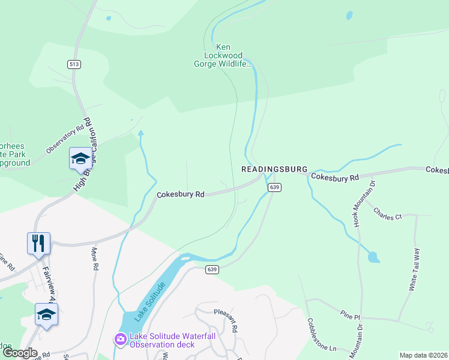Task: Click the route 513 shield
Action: coord(74,64)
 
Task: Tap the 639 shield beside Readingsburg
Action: coord(274,188)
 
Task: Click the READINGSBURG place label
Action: coord(274,170)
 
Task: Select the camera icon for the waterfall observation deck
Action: coord(120,340)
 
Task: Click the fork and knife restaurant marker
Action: coord(38,243)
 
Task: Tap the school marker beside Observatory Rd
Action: coord(80,158)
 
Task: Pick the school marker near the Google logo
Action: coord(46,314)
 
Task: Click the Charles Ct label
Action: coord(387,214)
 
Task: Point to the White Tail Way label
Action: coord(414,271)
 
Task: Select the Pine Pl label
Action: coord(349,314)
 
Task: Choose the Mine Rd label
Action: coord(94,257)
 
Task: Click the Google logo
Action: coord(20,353)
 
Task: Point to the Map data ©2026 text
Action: coord(423,355)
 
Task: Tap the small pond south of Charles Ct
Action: coord(373,257)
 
